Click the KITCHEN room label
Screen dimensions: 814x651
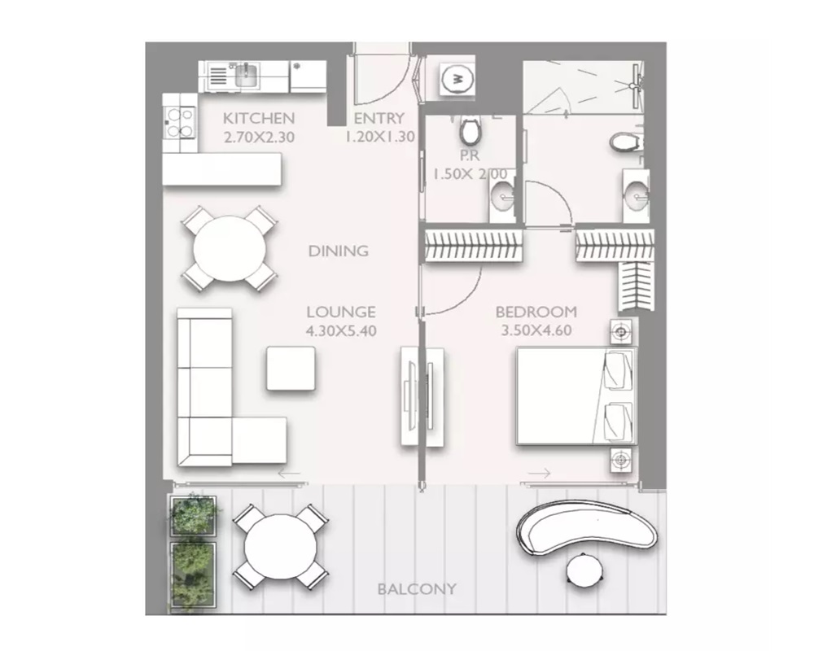tap(259, 118)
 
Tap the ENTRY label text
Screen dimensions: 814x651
tap(379, 118)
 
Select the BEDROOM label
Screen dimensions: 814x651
tap(536, 312)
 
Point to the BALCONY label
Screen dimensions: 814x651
tap(417, 589)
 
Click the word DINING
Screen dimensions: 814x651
tap(339, 251)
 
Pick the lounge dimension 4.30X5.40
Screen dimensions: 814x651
tap(341, 330)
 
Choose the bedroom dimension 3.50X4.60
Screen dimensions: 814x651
tap(536, 330)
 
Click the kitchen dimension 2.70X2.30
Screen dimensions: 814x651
tap(259, 138)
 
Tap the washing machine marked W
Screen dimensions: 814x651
tap(457, 79)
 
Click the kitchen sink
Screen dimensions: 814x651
tap(247, 76)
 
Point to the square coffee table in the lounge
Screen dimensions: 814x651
tap(291, 369)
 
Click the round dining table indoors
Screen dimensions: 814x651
tap(229, 248)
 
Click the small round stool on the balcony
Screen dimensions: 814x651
tap(585, 570)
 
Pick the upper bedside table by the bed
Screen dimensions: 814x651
tap(621, 330)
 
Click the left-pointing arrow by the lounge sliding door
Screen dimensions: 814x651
tap(289, 474)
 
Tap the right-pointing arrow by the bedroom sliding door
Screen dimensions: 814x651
tap(540, 474)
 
